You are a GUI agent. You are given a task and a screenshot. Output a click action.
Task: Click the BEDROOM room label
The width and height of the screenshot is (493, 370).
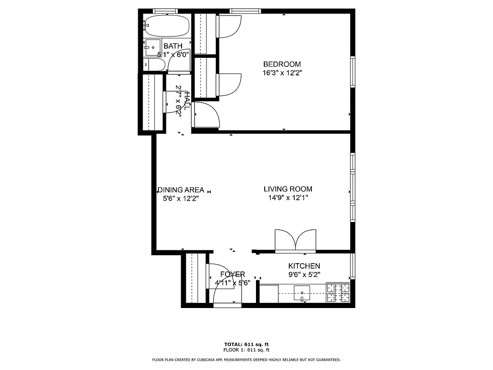[x=282, y=64]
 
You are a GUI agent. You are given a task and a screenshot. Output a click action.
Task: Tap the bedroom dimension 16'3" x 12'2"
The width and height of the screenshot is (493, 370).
[x=282, y=73]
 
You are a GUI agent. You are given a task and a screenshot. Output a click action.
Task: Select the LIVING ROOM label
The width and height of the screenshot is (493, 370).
[x=288, y=189]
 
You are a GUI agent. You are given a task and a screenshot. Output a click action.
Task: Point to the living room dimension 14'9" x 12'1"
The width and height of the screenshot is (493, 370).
[x=288, y=198]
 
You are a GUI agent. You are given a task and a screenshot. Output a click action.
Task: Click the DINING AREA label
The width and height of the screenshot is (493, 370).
[x=181, y=190]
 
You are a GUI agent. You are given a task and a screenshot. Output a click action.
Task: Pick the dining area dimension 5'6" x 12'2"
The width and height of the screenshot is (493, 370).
[x=181, y=198]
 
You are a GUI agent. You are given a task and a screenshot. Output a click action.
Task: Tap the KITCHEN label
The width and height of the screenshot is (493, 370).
[x=304, y=266]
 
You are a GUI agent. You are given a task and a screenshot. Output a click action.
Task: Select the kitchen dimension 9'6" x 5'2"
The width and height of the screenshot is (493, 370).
[x=304, y=274]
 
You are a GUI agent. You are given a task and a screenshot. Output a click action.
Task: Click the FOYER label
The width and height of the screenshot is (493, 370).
[x=232, y=274]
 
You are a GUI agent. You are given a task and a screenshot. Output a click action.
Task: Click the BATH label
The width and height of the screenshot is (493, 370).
[x=173, y=46]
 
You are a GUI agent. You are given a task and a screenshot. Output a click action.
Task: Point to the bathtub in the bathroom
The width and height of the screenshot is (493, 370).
[x=167, y=25]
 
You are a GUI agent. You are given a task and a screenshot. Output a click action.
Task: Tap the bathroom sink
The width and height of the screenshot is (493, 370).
[x=152, y=47]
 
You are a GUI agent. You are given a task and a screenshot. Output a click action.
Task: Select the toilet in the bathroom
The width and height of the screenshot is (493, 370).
[x=153, y=65]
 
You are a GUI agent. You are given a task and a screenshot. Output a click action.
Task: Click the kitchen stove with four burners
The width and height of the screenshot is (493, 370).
[x=338, y=292]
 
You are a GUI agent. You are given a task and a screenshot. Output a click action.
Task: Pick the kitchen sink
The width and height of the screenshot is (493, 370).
[x=303, y=292]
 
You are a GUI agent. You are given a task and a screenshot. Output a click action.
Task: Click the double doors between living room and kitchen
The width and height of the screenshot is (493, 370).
[x=296, y=240]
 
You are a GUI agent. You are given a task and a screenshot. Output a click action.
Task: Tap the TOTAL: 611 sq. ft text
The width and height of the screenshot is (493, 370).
[x=246, y=345]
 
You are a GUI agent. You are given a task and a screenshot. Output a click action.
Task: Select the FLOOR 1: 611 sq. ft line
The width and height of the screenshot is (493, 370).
[x=246, y=350]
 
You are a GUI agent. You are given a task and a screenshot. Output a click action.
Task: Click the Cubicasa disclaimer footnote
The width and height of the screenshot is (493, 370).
[x=246, y=359]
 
